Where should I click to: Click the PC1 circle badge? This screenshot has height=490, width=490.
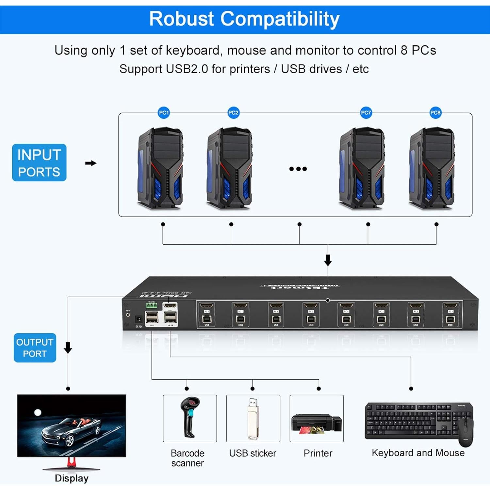[164, 113]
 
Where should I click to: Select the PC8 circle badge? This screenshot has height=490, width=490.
[435, 113]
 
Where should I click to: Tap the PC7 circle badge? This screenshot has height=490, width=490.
[366, 113]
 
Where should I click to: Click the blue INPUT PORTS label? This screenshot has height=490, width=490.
[39, 163]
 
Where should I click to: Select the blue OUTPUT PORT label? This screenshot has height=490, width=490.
[35, 348]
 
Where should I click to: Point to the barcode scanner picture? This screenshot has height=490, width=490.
[190, 418]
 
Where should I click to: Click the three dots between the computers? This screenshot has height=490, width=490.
[298, 169]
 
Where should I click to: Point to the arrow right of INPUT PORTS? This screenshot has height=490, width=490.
[91, 163]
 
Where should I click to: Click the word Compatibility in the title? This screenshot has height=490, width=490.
[280, 19]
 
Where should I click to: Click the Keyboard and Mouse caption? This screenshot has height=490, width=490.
[418, 453]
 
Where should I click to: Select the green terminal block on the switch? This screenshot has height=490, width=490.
[152, 305]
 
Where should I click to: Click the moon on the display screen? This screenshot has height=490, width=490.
[38, 413]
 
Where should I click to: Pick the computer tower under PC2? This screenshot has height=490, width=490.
[230, 168]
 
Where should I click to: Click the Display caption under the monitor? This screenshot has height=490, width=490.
[72, 478]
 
